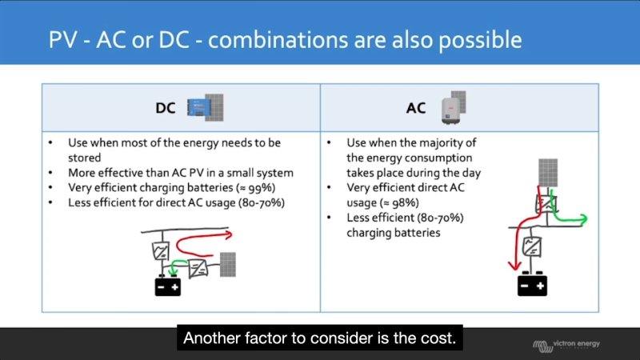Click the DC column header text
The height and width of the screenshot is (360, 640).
[x=166, y=106]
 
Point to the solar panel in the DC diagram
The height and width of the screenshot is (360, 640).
[x=227, y=265]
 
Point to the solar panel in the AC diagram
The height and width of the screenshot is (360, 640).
[x=548, y=172]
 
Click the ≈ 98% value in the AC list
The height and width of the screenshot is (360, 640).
[x=389, y=203]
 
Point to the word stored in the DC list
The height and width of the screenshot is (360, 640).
[x=84, y=158]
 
